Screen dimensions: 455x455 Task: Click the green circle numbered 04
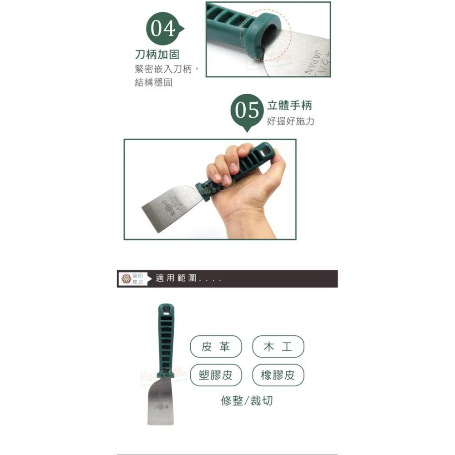click(x=162, y=29)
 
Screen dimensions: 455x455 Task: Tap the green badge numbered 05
click(x=247, y=111)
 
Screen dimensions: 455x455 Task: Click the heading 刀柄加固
click(x=157, y=55)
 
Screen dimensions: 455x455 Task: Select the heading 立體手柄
click(x=289, y=106)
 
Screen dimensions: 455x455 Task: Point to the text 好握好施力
click(x=290, y=121)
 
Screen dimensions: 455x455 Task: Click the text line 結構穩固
click(x=153, y=84)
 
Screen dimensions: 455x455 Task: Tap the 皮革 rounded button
click(x=215, y=347)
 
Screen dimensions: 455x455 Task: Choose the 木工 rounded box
click(x=278, y=347)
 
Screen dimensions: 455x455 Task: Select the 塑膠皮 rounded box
click(x=215, y=375)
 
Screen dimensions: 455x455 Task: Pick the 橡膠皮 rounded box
click(x=278, y=375)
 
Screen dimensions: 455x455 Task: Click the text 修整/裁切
click(x=247, y=400)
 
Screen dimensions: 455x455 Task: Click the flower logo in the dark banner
click(x=126, y=278)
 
